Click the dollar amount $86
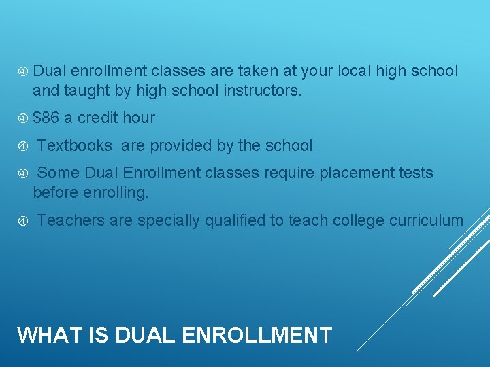(46, 118)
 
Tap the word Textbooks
(74, 145)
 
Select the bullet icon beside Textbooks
(23, 145)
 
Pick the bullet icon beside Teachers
(23, 220)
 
